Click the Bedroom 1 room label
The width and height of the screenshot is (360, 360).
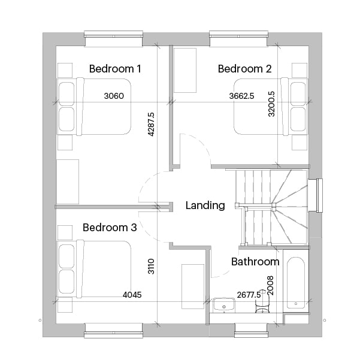click(x=115, y=69)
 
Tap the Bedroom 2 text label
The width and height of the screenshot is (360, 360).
click(x=245, y=69)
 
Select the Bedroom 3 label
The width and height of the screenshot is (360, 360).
click(x=110, y=227)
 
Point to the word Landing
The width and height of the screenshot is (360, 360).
click(x=205, y=205)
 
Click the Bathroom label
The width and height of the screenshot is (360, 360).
click(x=255, y=262)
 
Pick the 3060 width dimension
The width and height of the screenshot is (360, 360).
click(x=114, y=96)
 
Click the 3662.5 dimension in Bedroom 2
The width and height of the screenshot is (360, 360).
click(x=241, y=96)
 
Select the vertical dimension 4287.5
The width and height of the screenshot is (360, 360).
click(x=151, y=124)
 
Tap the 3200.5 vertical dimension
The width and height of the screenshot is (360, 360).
click(x=271, y=104)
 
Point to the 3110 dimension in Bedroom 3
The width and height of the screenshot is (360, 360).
click(x=151, y=267)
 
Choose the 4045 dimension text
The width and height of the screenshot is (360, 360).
click(x=132, y=295)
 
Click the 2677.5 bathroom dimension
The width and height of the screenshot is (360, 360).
click(x=249, y=295)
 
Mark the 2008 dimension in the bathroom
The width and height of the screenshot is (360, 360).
click(x=271, y=285)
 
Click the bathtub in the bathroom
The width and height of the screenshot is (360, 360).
click(x=296, y=283)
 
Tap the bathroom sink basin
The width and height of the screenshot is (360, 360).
click(x=224, y=305)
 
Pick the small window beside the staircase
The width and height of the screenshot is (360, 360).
click(x=319, y=195)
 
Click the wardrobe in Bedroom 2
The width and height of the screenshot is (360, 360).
click(x=185, y=70)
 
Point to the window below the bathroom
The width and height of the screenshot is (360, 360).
click(x=251, y=331)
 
